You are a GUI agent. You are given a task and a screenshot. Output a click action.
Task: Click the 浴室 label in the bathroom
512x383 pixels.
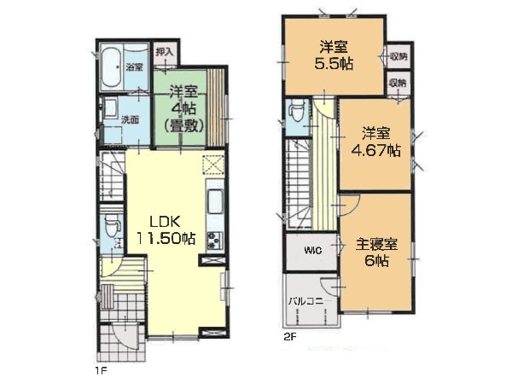134,67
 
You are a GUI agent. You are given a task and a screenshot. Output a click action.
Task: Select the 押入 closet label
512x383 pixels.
165,52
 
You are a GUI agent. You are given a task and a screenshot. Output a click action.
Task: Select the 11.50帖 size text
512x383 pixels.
163,239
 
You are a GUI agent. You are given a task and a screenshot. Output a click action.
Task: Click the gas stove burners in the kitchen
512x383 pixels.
212,239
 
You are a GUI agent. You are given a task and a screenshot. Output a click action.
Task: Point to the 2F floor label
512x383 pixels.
291,336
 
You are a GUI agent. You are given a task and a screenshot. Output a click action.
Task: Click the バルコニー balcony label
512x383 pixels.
305,299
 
